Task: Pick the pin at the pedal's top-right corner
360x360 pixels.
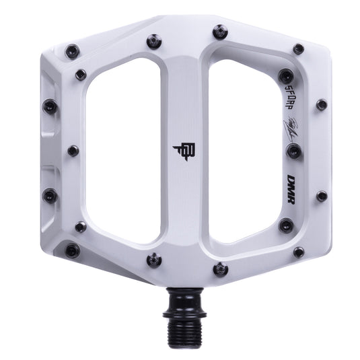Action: point(298,49)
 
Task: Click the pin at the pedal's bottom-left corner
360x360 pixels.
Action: point(72,251)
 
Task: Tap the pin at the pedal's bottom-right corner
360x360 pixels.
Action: point(299,252)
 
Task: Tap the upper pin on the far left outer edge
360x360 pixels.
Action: point(49,106)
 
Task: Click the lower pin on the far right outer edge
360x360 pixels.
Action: point(322,196)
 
